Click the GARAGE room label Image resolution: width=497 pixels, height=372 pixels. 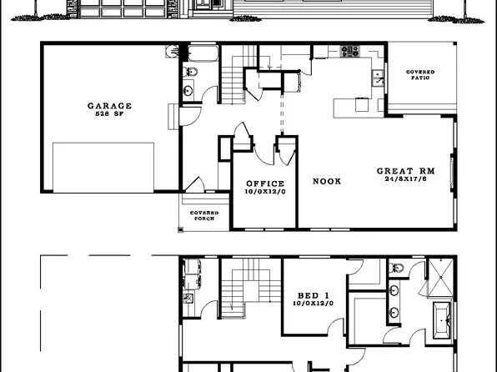tap(110, 106)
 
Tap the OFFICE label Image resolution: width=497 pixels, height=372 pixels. tap(265, 183)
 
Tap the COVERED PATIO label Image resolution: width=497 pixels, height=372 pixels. tap(419, 75)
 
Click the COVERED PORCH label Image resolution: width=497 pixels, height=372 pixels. tap(204, 215)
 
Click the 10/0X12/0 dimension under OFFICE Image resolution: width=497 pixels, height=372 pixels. tap(265, 192)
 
